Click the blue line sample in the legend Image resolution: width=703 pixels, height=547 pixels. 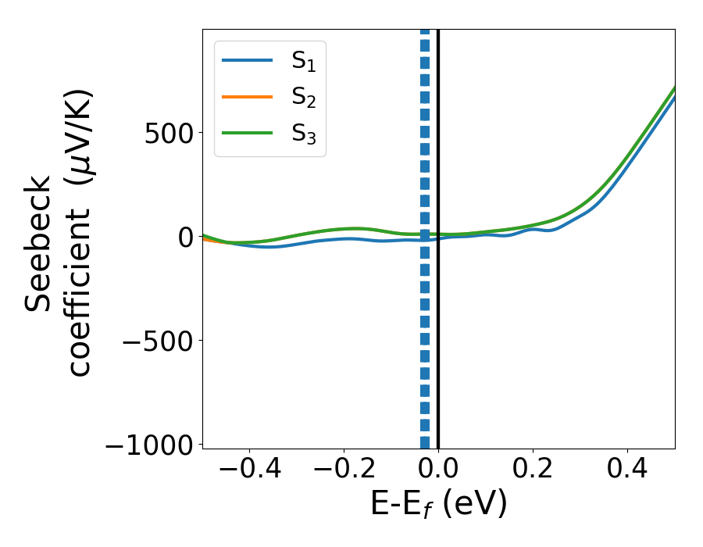[248, 59]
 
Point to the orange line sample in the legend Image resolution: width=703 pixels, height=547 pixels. [248, 96]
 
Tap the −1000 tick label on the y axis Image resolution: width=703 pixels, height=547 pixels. [148, 444]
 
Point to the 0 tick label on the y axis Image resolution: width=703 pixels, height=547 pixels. [184, 237]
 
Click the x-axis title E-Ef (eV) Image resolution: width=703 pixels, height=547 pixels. [438, 504]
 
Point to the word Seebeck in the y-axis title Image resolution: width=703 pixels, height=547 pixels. [39, 243]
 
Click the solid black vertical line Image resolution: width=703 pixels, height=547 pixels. [438, 352]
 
